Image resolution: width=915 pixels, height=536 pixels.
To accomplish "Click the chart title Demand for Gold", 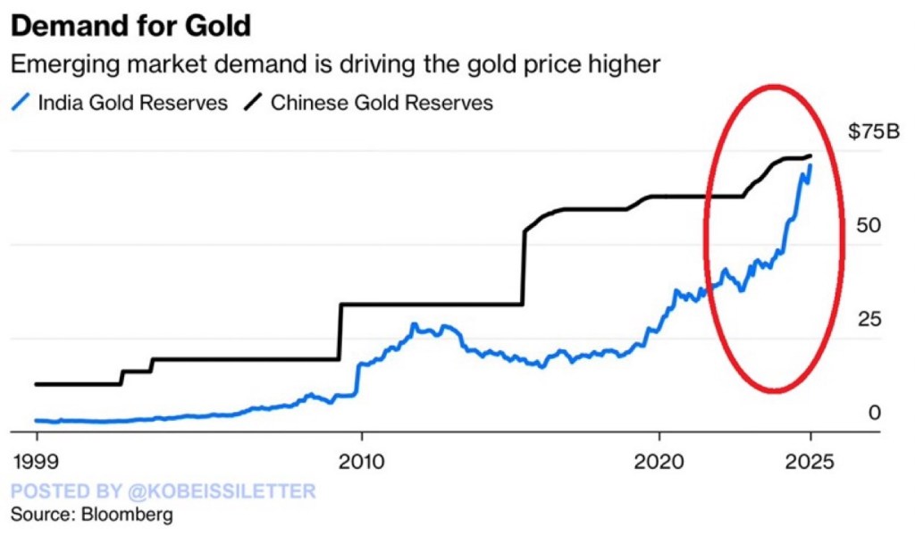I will tap(130, 25).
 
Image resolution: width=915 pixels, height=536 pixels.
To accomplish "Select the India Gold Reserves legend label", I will tap(132, 103).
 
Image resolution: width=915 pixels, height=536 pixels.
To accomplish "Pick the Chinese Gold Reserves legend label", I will tap(382, 103).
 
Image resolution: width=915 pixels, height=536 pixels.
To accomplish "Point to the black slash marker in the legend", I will tap(255, 103).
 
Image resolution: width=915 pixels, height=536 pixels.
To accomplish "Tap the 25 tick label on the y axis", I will tap(869, 319).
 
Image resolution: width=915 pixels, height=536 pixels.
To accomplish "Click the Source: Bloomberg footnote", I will tap(91, 515).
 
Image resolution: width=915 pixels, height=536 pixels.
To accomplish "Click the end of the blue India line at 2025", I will tap(810, 166).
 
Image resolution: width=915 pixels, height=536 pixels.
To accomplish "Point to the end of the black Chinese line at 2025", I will tap(810, 156).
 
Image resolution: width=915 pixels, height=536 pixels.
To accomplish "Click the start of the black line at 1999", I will tap(37, 384).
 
